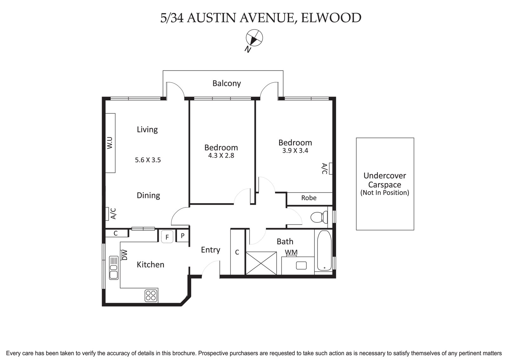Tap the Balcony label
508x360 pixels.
pos(226,83)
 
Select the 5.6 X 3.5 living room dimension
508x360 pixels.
pos(148,160)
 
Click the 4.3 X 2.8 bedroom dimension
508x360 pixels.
pos(221,155)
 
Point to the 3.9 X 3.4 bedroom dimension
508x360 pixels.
pos(295,151)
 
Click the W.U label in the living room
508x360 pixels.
pos(110,143)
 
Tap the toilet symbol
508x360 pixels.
pos(318,217)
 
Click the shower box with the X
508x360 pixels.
pos(261,262)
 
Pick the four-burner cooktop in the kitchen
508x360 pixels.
pos(151,295)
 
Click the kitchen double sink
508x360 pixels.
pos(113,268)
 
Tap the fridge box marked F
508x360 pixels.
pos(167,237)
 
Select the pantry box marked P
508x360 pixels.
pos(183,236)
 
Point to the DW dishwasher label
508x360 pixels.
pos(124,255)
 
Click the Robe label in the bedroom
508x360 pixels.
pos(309,198)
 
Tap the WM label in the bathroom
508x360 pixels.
pos(291,252)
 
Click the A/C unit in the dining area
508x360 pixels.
pos(108,214)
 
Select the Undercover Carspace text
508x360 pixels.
pos(384,180)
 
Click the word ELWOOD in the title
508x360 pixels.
pos(331,18)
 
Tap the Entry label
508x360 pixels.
pos(210,250)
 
